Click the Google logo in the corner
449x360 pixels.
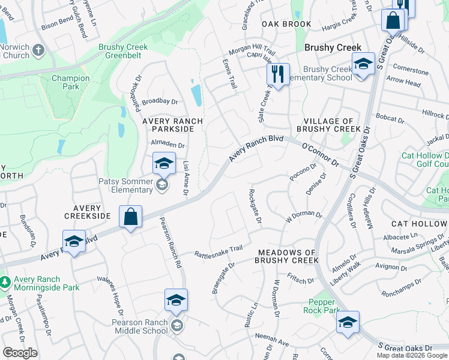pos(20,353)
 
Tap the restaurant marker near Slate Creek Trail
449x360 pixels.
pos(277,74)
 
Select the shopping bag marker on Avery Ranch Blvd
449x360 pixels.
pos(130,217)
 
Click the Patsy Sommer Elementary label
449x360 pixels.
pos(125,186)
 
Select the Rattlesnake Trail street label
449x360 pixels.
pos(218,251)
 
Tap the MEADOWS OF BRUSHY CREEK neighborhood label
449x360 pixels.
pos(286,256)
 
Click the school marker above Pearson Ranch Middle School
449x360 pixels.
pos(176,299)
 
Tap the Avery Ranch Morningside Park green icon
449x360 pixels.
pos(5,280)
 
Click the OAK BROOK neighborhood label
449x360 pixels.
pos(286,24)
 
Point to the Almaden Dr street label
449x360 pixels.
pos(167,145)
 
